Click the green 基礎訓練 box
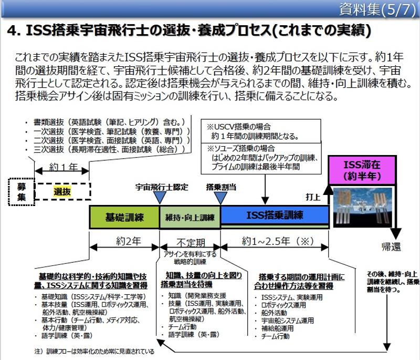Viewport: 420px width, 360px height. (124, 217)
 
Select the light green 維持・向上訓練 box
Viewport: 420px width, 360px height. (190, 217)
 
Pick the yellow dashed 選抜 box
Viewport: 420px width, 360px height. (62, 192)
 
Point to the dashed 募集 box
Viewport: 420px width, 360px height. (20, 191)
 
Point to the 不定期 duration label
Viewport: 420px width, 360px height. (190, 243)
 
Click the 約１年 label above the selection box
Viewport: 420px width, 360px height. (62, 167)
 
